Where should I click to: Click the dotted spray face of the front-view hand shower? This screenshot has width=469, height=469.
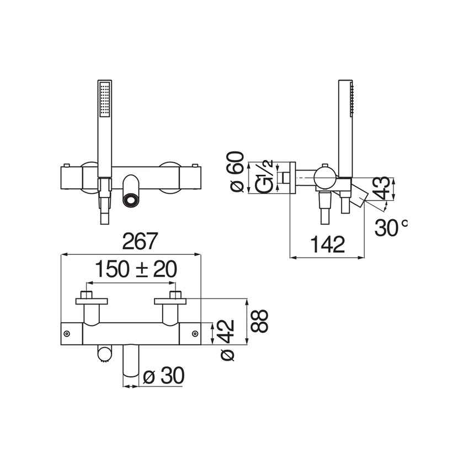[105, 100]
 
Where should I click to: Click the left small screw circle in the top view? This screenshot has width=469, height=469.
[67, 333]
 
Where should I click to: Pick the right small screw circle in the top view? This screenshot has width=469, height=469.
[196, 333]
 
